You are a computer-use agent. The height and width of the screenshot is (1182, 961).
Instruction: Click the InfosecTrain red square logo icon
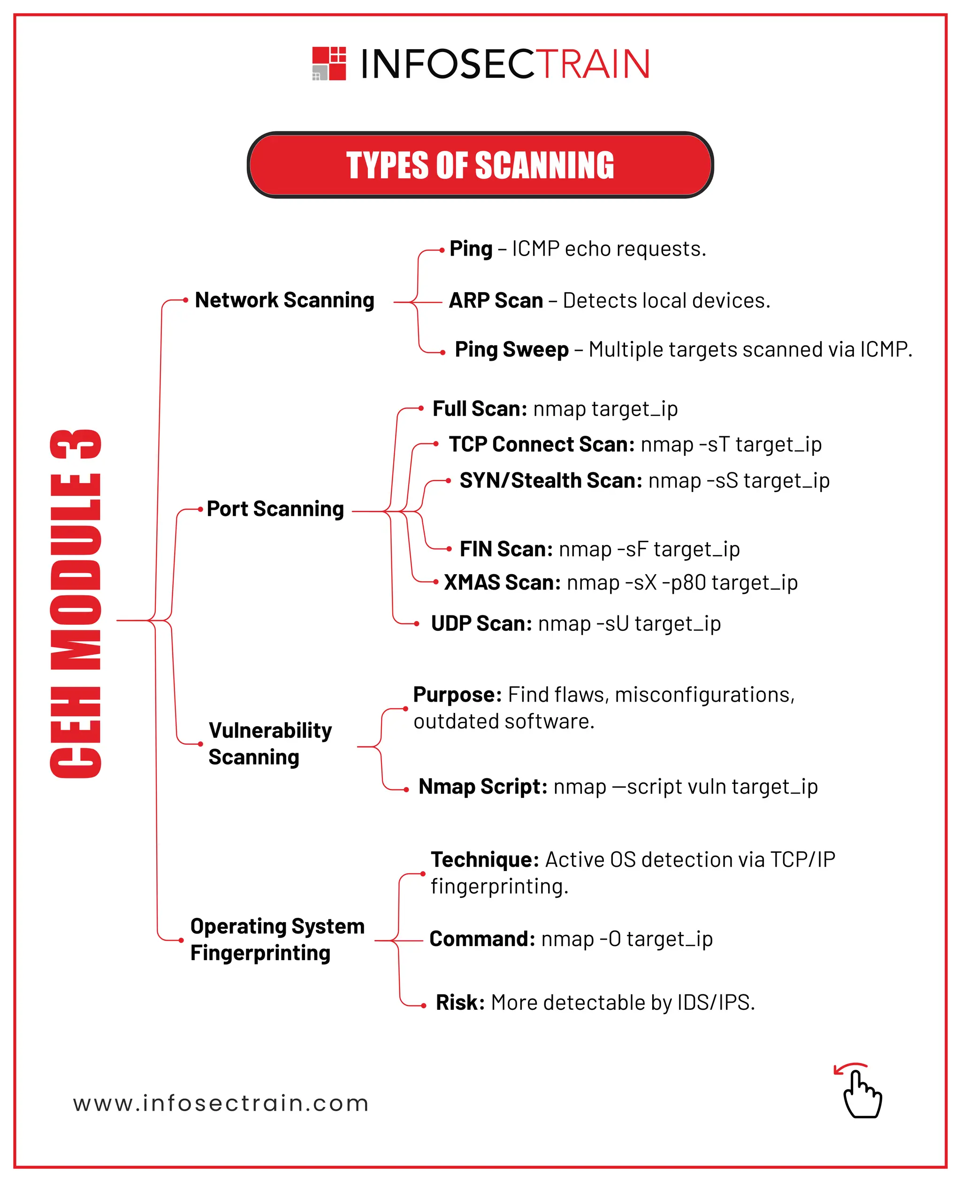click(x=329, y=64)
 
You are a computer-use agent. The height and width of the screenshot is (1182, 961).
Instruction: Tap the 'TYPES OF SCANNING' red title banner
click(x=480, y=165)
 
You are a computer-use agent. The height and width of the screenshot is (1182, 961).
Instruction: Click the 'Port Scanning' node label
click(x=275, y=509)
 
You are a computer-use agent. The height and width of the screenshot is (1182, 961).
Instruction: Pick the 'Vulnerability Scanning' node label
click(x=270, y=744)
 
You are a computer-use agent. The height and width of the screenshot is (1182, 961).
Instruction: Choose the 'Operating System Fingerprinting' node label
click(x=277, y=940)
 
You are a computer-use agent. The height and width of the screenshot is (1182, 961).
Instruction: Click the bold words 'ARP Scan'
click(x=496, y=301)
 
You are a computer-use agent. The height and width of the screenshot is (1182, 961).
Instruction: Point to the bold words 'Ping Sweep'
click(x=511, y=350)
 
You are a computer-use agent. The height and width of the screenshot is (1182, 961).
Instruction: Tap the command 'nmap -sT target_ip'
click(x=731, y=444)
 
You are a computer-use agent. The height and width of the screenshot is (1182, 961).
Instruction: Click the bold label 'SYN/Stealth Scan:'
click(x=551, y=481)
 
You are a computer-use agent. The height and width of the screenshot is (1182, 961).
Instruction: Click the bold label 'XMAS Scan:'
click(x=502, y=583)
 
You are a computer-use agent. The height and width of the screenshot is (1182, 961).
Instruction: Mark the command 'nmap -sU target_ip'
click(x=629, y=624)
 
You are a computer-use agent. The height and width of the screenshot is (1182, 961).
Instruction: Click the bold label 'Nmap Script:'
click(x=483, y=786)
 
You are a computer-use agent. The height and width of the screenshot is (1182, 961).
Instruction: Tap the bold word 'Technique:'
click(x=485, y=859)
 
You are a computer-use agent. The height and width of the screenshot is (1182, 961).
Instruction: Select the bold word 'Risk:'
click(x=460, y=1002)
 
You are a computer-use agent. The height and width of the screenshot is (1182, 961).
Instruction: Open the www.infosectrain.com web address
click(x=221, y=1103)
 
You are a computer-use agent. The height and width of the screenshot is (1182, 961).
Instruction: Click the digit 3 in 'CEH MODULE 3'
click(x=76, y=444)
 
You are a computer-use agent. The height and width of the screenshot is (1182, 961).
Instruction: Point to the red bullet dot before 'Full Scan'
click(x=421, y=409)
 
